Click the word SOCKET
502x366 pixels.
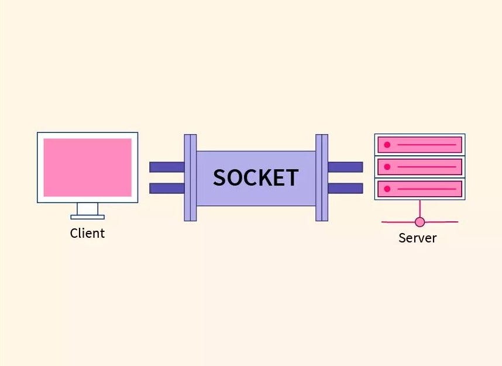[256, 177]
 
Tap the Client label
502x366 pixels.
[87, 233]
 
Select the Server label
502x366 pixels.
[417, 238]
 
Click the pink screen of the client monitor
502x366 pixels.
[87, 167]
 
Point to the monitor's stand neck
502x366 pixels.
[88, 208]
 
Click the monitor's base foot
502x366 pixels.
[88, 217]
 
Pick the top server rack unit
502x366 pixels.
[420, 145]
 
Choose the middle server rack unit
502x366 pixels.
[420, 167]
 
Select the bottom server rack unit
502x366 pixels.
[420, 189]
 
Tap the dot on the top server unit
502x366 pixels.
[387, 145]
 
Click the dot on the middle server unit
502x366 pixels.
[387, 167]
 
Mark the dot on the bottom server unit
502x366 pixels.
[387, 189]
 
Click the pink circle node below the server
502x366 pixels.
[420, 222]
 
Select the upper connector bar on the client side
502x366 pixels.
[167, 167]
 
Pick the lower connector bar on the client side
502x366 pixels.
[167, 188]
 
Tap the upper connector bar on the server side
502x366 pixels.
[345, 167]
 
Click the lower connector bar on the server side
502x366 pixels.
[345, 188]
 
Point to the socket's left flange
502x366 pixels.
[190, 177]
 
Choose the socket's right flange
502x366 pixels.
[322, 177]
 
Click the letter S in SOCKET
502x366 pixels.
[220, 177]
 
